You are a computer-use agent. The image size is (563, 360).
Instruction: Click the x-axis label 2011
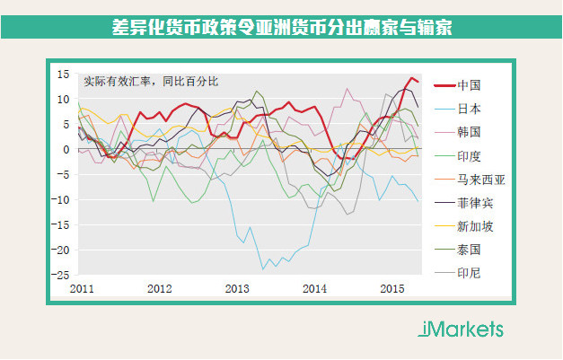point(83,288)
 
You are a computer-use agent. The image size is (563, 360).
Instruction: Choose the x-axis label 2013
point(236,288)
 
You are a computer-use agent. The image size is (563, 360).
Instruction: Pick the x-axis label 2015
point(391,288)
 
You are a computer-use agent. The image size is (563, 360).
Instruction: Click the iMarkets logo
point(461,329)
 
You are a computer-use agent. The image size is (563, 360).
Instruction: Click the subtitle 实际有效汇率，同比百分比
point(151,81)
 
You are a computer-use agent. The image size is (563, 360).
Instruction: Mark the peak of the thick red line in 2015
point(412,78)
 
